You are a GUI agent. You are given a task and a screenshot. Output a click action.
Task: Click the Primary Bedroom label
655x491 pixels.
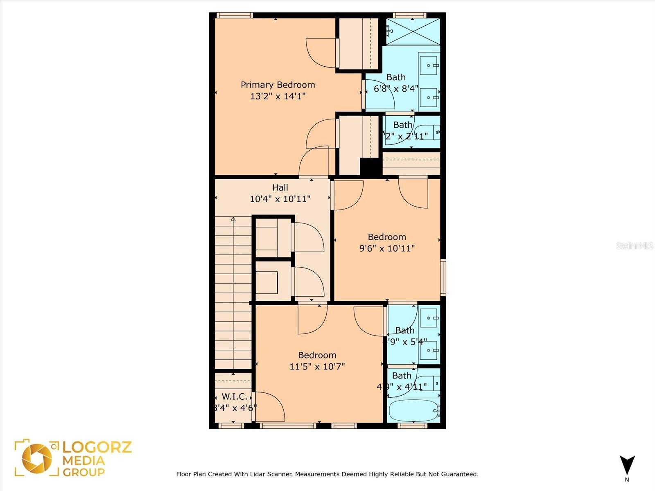pos(278,85)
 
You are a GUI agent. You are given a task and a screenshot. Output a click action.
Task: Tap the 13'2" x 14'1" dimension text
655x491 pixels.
pos(278,96)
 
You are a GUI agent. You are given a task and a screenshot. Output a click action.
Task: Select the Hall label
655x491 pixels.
pos(280,187)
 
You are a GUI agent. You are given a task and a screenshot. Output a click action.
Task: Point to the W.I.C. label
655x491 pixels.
pos(235,396)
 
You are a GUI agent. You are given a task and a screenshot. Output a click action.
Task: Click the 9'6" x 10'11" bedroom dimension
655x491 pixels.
pos(387,248)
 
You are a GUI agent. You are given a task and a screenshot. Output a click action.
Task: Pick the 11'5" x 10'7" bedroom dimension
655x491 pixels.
pos(317,366)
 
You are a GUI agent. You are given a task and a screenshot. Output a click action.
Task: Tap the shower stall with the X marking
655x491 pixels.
pos(413,32)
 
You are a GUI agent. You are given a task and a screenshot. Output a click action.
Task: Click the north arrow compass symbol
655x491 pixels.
pos(627,465)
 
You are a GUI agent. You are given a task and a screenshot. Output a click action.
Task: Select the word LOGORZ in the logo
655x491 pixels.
pos(97,447)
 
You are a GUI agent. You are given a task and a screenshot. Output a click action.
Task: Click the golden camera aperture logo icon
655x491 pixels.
pos(37,457)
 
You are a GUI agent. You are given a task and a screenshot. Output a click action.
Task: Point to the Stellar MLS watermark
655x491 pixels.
pos(634,245)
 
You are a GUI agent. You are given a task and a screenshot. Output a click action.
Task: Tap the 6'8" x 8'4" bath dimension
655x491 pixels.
pos(396,88)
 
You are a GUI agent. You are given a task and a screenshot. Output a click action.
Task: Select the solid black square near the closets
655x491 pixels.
pos(370,167)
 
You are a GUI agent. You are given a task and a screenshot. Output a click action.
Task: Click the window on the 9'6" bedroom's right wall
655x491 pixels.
pos(443,277)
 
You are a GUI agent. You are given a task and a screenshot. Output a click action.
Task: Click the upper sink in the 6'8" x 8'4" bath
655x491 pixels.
pos(429,65)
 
